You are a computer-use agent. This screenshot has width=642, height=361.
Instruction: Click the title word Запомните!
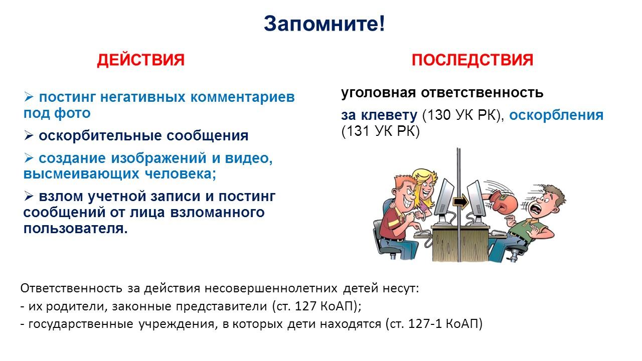(324, 24)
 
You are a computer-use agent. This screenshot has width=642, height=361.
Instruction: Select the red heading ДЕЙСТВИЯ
(141, 60)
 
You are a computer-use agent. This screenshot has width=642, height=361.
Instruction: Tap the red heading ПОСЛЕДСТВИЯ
(472, 60)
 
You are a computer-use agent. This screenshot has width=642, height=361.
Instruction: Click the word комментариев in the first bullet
(242, 97)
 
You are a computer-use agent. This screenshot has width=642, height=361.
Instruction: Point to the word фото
(73, 113)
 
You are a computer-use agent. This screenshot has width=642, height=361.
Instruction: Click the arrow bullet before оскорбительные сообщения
(29, 135)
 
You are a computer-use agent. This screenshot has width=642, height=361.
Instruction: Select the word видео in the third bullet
(248, 158)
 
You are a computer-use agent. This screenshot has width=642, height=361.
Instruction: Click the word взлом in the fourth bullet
(61, 197)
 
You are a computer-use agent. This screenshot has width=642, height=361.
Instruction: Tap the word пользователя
(75, 229)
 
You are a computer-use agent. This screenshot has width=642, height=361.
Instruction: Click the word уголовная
(378, 93)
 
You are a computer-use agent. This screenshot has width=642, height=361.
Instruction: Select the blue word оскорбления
(556, 115)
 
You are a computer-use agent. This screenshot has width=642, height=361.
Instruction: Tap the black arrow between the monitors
(460, 202)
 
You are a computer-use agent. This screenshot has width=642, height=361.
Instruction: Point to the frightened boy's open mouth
(535, 212)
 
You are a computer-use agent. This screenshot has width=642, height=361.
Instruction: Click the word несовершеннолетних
(271, 288)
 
